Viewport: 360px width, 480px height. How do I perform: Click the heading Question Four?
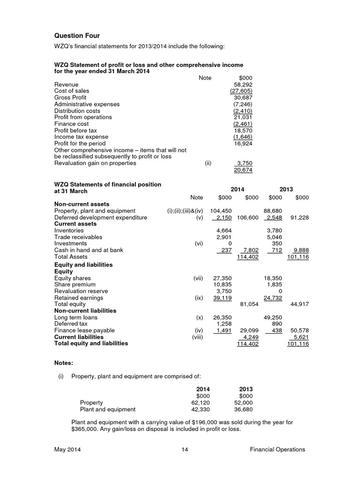(77, 36)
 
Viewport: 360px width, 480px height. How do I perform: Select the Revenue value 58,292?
(243, 84)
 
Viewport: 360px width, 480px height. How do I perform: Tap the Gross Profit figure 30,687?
(243, 97)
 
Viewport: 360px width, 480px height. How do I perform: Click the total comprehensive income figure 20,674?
(243, 170)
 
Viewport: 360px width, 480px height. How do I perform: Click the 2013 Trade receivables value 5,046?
(274, 237)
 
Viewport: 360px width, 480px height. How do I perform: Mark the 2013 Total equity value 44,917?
(299, 304)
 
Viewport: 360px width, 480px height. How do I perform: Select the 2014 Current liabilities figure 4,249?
(248, 337)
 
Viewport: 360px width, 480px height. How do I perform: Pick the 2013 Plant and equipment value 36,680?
(243, 409)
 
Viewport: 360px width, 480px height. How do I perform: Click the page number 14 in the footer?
(184, 450)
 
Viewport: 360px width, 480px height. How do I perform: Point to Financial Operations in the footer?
(277, 450)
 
